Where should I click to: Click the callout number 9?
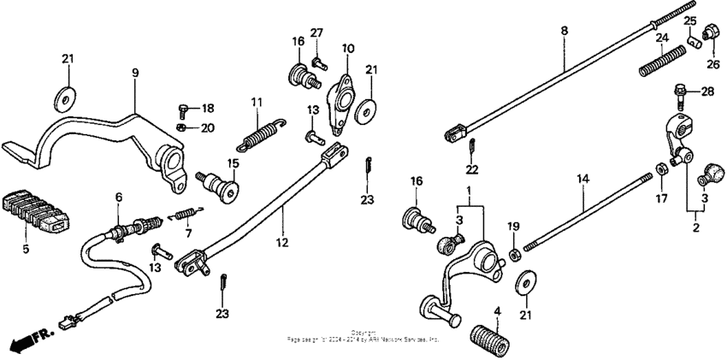134,74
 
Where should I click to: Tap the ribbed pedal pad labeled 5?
36,208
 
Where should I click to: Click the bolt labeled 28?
682,89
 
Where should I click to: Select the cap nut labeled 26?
707,35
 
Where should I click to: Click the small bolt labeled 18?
184,109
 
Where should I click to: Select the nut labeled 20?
181,127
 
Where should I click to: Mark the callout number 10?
348,48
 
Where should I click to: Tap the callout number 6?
119,197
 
